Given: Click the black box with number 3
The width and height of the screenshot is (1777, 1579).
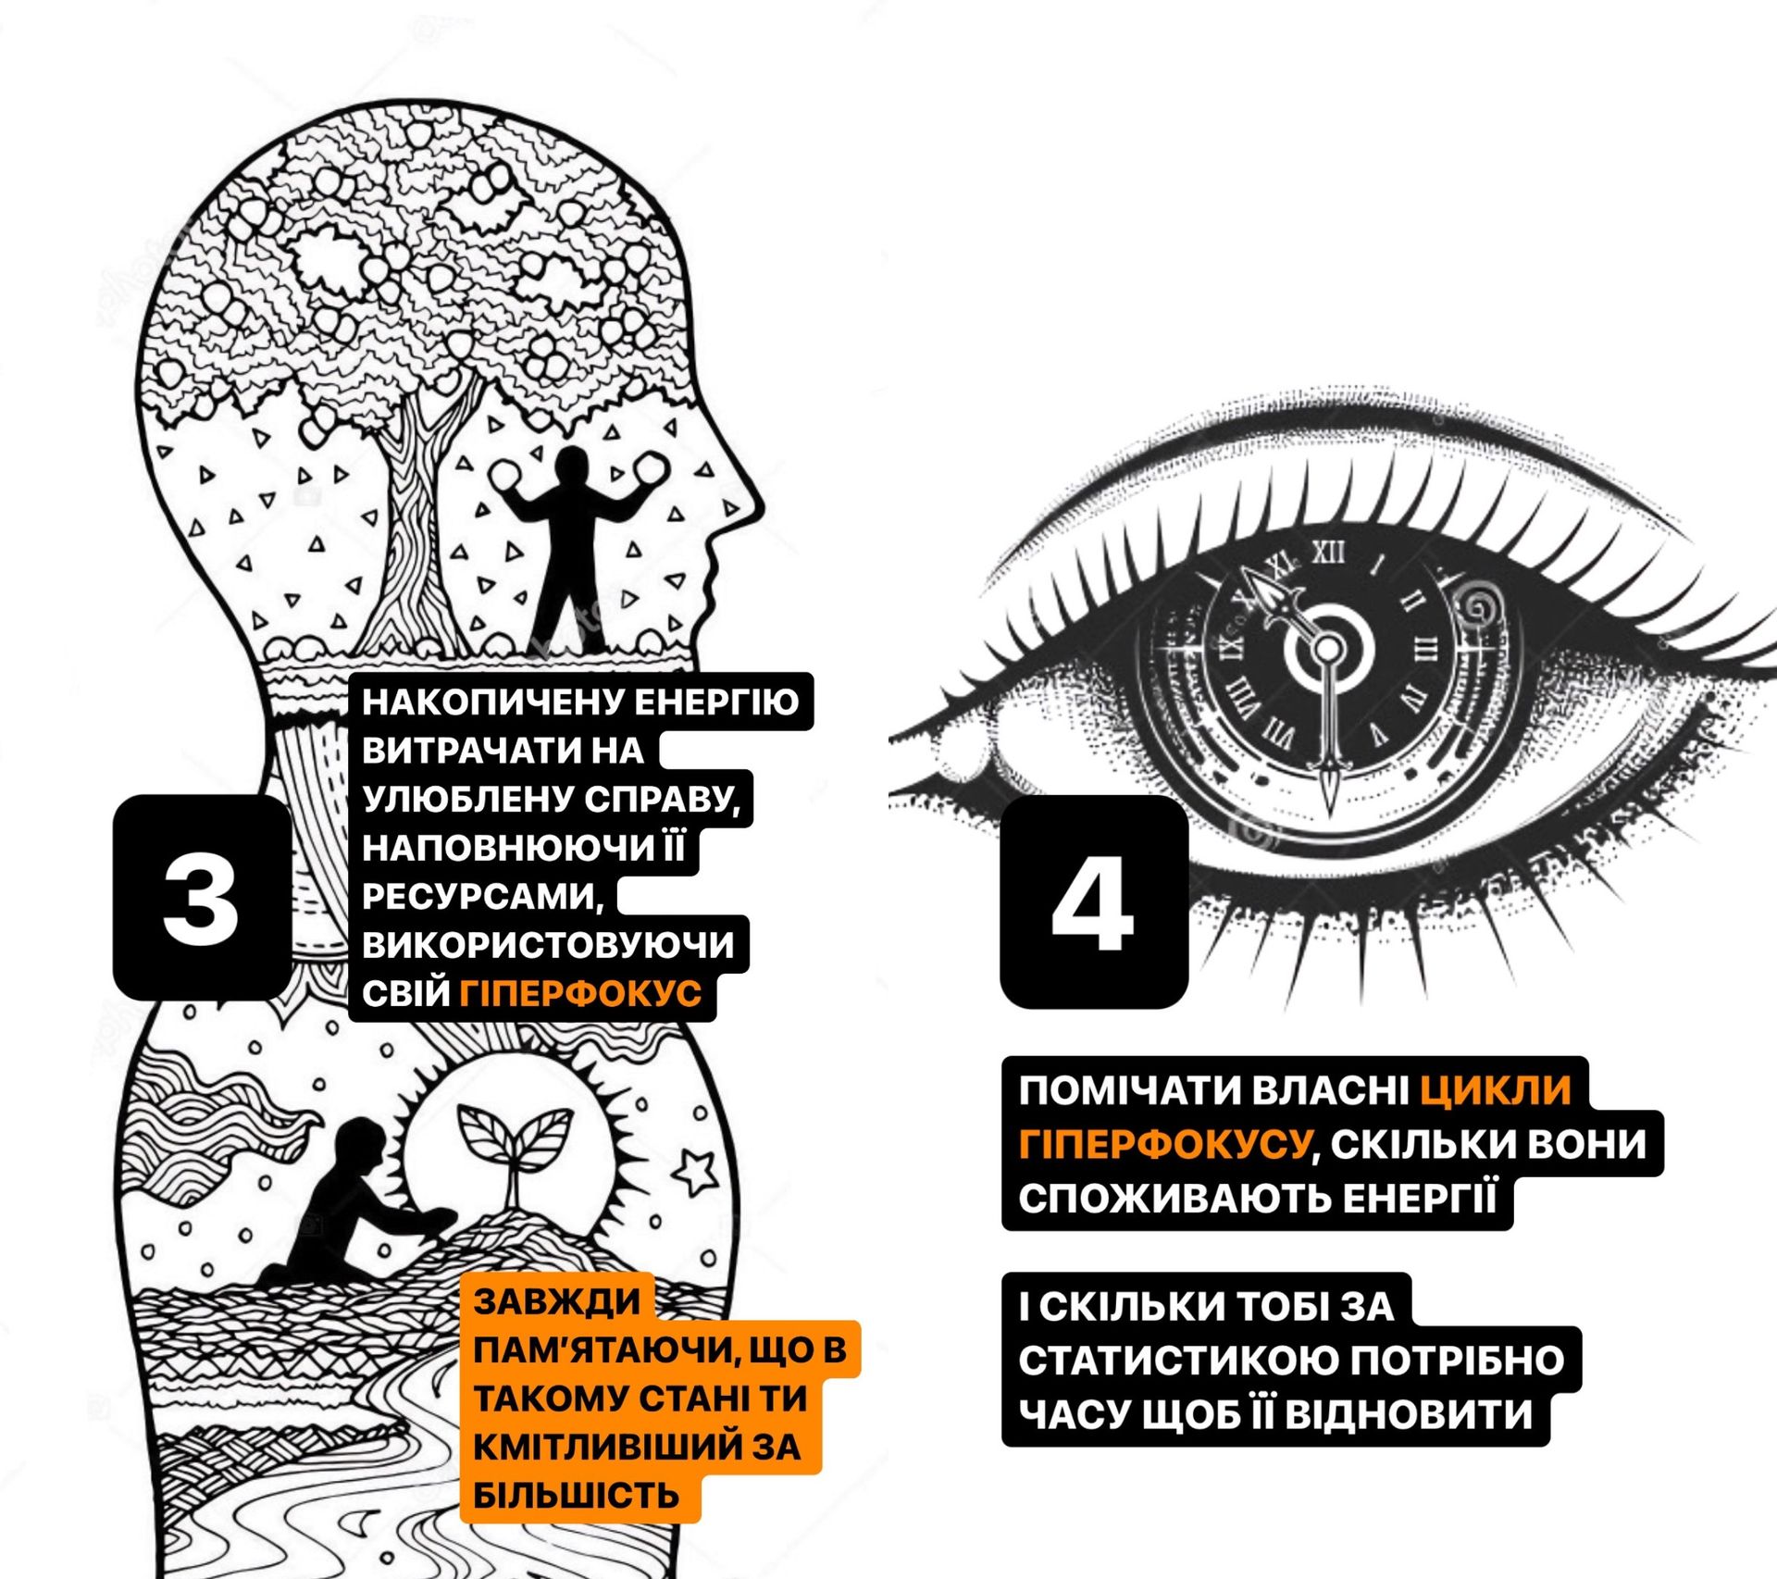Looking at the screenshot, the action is [202, 897].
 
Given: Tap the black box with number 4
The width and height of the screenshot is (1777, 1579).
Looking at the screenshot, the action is [1094, 901].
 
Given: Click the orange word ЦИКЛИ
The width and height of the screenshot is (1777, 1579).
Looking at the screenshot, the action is [1496, 1090].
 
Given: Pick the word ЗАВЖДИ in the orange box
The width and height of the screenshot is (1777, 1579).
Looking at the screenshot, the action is [557, 1301].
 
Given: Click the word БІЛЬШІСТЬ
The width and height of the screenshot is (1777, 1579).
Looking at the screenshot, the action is [577, 1496].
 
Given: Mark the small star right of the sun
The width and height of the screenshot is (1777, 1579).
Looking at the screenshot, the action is [696, 1171].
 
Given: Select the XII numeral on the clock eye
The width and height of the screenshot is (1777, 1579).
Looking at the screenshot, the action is [1329, 553].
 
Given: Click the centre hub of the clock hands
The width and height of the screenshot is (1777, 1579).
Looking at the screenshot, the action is [1328, 648].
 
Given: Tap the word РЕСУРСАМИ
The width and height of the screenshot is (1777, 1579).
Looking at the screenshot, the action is [482, 896].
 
